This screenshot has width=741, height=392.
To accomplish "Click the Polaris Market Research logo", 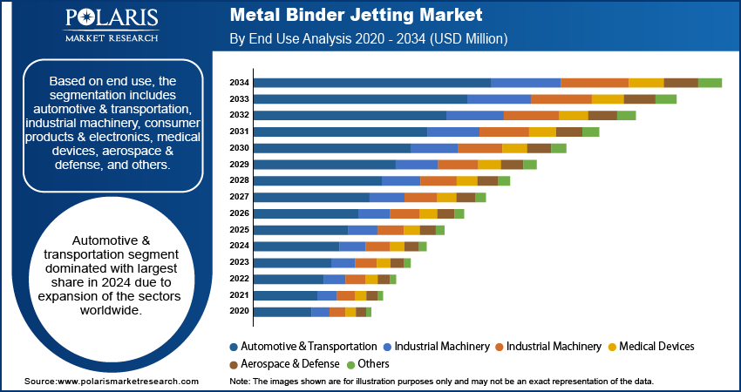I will click(x=110, y=26).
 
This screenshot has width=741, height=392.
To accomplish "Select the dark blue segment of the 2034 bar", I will click(x=372, y=83).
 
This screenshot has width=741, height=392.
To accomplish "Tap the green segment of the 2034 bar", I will click(x=710, y=83).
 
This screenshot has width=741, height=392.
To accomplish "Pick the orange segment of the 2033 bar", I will click(x=561, y=99).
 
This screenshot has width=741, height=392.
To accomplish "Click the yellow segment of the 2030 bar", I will click(x=514, y=148).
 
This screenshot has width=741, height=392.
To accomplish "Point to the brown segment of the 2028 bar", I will click(x=487, y=180).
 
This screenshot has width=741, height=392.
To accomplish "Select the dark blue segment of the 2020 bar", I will click(x=282, y=312).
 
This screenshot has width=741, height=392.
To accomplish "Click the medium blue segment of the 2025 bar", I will click(x=363, y=230).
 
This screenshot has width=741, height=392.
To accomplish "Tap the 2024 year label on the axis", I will click(x=239, y=247).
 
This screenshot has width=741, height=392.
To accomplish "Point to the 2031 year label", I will click(x=239, y=132).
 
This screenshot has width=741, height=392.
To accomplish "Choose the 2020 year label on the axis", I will click(x=239, y=312).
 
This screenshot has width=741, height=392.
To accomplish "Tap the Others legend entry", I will click(x=372, y=363).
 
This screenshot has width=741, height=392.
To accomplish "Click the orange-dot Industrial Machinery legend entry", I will click(x=554, y=346).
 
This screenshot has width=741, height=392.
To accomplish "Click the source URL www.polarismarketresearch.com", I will click(x=127, y=382).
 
